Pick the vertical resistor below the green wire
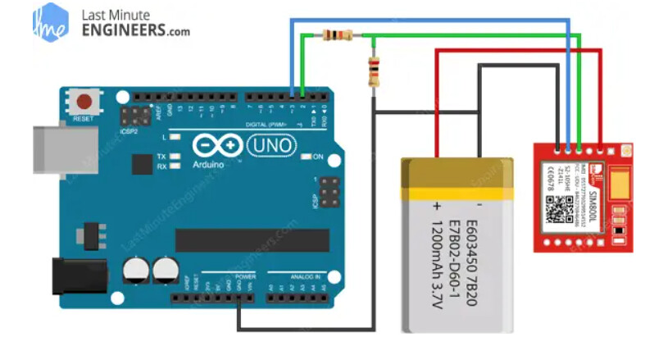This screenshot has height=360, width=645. pyautogui.click(x=374, y=72)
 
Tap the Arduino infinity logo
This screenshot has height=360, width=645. pyautogui.click(x=216, y=146)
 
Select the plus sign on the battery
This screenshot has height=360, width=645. pyautogui.click(x=437, y=205)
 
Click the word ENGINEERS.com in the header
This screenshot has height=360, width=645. pyautogui.click(x=136, y=30)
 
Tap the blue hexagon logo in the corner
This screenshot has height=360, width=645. pyautogui.click(x=50, y=22)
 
